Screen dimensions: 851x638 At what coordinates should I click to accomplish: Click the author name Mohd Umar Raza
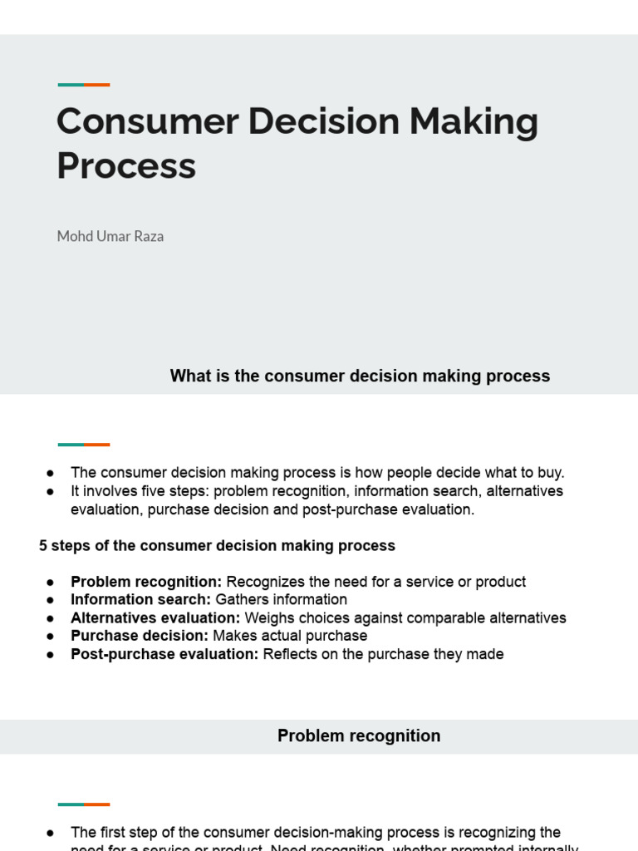click(110, 237)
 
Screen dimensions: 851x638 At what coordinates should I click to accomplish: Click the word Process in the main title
click(126, 166)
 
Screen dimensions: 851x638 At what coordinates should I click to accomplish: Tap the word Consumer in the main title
click(146, 122)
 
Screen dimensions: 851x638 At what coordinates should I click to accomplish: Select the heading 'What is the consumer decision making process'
click(360, 376)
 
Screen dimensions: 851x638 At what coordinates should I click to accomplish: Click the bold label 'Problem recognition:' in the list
click(146, 582)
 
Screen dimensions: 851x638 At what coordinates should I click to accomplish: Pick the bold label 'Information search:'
click(141, 600)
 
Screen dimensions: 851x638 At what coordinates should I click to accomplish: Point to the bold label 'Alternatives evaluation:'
click(155, 618)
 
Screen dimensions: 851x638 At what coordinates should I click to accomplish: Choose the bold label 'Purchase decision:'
click(140, 637)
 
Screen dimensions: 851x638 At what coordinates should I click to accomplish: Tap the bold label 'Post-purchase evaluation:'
click(164, 655)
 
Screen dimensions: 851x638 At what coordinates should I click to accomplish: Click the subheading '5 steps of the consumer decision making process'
click(217, 546)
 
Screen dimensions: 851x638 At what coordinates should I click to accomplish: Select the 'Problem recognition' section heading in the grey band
click(359, 736)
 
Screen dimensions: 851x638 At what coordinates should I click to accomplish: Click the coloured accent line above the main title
click(84, 85)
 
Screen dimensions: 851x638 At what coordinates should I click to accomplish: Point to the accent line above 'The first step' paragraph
click(84, 804)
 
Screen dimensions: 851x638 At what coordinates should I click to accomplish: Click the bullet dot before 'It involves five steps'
click(51, 492)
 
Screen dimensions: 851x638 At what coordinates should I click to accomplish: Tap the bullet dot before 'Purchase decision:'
click(51, 637)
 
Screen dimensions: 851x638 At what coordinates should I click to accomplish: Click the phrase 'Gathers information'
click(282, 600)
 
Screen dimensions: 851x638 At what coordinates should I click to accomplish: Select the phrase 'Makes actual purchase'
click(290, 637)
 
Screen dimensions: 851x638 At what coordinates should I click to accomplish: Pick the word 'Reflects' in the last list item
click(290, 655)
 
